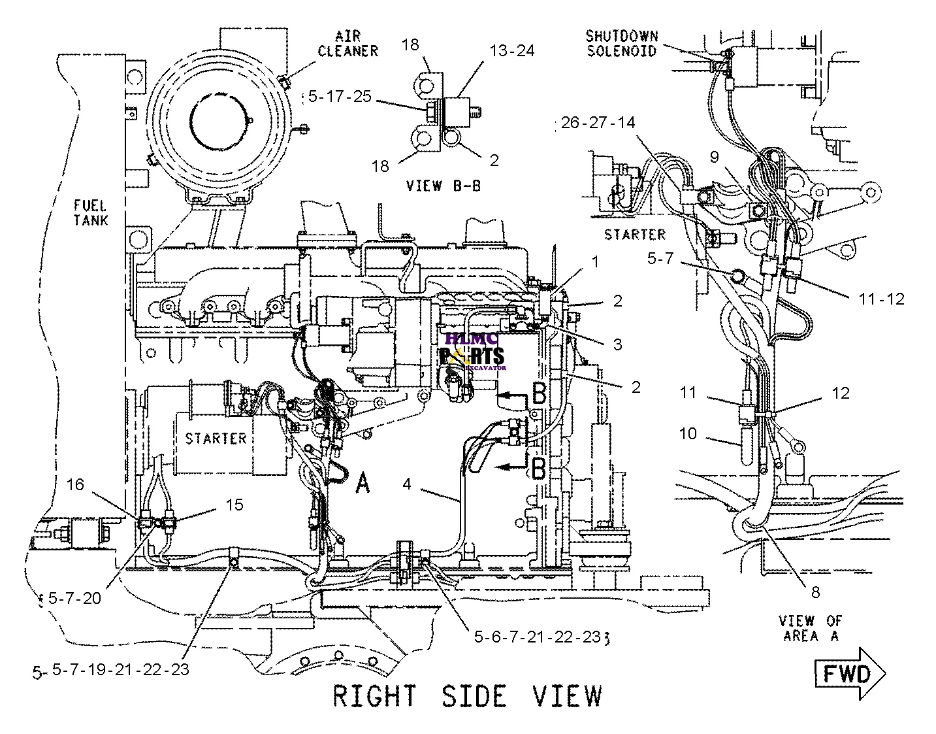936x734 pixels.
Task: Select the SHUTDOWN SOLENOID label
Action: click(621, 42)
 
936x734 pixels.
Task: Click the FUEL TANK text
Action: click(90, 213)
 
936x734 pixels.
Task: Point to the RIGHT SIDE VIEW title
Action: click(466, 695)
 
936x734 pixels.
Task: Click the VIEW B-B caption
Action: click(444, 186)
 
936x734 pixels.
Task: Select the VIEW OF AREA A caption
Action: click(810, 627)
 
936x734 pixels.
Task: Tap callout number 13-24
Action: click(511, 51)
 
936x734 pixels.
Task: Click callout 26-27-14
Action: click(598, 122)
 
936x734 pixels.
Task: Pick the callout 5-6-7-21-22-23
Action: click(539, 636)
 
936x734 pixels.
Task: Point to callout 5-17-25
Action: click(340, 97)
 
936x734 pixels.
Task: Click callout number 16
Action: click(75, 484)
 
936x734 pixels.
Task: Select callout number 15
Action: click(234, 504)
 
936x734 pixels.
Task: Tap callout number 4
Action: click(407, 484)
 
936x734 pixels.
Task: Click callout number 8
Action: click(815, 593)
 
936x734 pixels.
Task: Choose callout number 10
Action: click(688, 433)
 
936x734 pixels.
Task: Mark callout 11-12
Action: click(881, 299)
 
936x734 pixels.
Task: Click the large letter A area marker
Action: click(363, 483)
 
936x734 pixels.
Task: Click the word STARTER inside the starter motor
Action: click(216, 438)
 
